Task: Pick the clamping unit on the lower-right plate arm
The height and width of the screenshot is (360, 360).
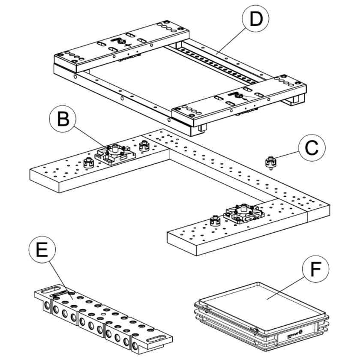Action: click(x=243, y=213)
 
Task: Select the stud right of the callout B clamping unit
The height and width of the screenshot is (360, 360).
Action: click(x=143, y=146)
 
